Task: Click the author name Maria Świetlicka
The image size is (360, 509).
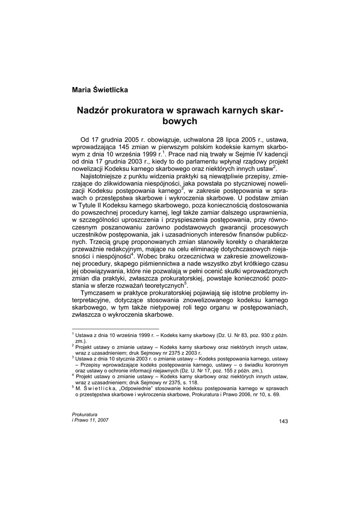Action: pyautogui.click(x=100, y=90)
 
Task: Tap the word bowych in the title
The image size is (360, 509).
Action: pyautogui.click(x=180, y=121)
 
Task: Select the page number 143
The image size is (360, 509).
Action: pyautogui.click(x=283, y=422)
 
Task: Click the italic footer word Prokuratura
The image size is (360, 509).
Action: pyautogui.click(x=85, y=414)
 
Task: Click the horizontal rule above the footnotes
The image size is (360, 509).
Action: pyautogui.click(x=116, y=329)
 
